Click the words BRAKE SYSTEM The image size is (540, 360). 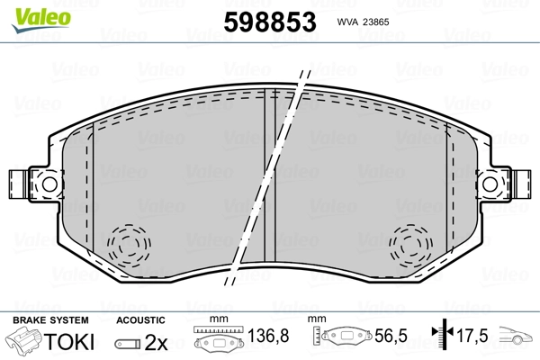[x=49, y=319]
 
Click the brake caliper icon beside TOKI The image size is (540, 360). [x=26, y=342]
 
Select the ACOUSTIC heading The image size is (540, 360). [x=140, y=319]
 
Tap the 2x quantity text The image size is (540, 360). [x=157, y=342]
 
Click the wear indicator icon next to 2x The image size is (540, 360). [x=127, y=343]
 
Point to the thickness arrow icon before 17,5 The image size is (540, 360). [x=441, y=337]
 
